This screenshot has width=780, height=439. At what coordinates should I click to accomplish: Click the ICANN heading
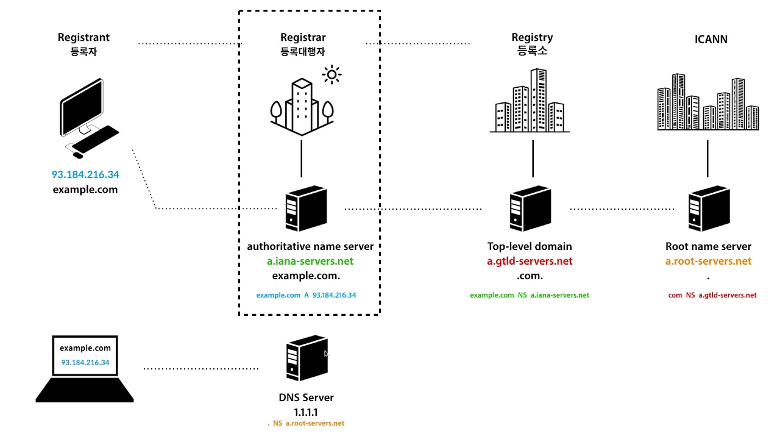[711, 40]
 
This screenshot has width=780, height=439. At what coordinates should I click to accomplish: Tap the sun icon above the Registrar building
[331, 75]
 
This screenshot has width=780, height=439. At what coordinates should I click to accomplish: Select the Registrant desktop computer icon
[89, 116]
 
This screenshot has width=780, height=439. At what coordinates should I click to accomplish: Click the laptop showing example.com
[85, 369]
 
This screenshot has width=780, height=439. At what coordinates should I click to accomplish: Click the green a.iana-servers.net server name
[310, 261]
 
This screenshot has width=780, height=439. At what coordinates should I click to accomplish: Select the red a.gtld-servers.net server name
[530, 261]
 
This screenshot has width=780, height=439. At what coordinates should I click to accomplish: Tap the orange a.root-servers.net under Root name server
[708, 261]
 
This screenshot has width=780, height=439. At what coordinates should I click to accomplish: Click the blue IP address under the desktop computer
[85, 175]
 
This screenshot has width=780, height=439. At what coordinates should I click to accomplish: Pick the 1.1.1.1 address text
[306, 412]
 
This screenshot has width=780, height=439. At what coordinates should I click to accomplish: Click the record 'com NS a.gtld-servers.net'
[712, 295]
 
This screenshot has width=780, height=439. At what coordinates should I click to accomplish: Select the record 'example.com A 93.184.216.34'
[306, 295]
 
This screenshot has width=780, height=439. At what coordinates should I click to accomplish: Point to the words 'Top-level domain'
[530, 246]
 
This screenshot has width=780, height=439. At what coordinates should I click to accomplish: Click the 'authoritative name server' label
[310, 246]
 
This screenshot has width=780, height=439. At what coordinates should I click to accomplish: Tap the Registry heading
[532, 38]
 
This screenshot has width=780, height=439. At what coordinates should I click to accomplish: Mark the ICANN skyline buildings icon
[708, 102]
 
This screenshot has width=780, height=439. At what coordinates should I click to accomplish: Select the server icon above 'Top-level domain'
[530, 209]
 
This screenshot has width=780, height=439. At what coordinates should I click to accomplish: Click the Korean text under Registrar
[303, 52]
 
